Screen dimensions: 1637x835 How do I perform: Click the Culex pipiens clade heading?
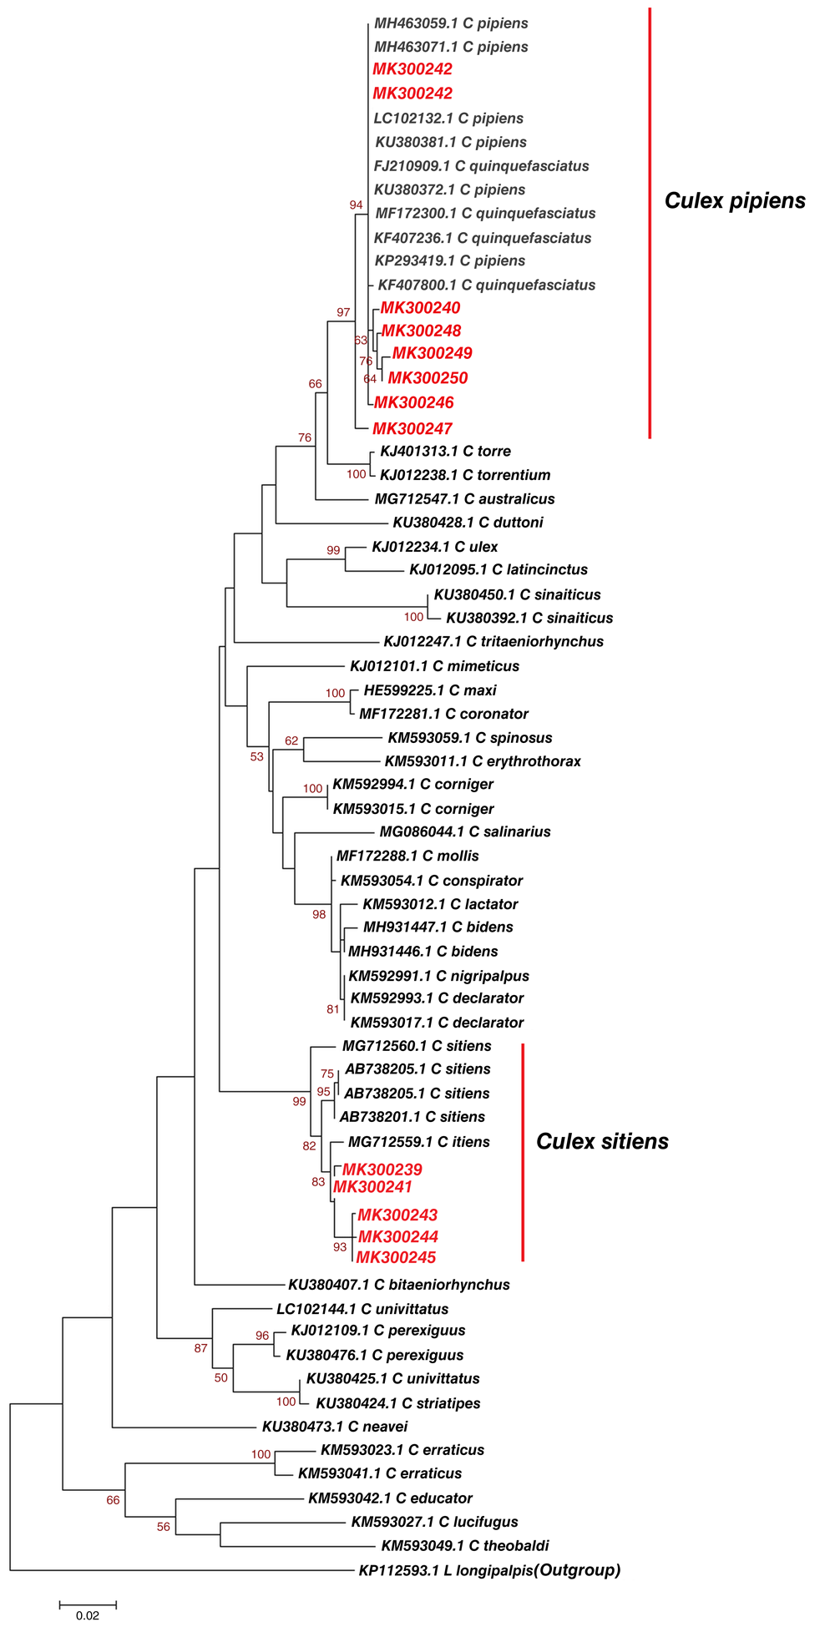tap(735, 201)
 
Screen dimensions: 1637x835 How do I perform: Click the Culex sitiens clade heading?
tap(602, 1142)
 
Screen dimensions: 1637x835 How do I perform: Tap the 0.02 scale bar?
tap(88, 1604)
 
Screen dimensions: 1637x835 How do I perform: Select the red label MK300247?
tap(412, 429)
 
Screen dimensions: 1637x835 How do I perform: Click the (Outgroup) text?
tap(578, 1570)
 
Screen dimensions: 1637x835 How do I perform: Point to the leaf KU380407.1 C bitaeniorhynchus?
tap(398, 1285)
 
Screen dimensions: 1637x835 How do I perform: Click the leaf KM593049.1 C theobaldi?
tap(465, 1546)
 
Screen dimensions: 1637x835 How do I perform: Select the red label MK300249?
tap(432, 353)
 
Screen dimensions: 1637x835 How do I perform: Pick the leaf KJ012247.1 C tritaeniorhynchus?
tap(493, 642)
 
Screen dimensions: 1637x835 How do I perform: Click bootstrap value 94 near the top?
tap(356, 205)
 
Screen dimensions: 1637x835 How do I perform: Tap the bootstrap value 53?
tap(256, 757)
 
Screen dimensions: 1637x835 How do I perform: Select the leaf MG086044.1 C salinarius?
tap(465, 832)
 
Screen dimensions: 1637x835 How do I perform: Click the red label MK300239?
tap(382, 1170)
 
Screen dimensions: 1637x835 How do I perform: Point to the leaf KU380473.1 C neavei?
tap(335, 1427)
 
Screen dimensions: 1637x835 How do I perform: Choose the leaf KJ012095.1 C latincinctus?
tap(498, 570)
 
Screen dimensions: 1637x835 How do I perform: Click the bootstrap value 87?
tap(200, 1348)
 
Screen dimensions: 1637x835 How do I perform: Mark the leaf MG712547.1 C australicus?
tap(464, 499)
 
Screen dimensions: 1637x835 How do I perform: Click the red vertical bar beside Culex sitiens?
tap(523, 1152)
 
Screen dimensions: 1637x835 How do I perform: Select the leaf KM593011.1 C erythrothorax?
tap(483, 761)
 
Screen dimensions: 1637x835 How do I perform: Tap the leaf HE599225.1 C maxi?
tap(430, 690)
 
